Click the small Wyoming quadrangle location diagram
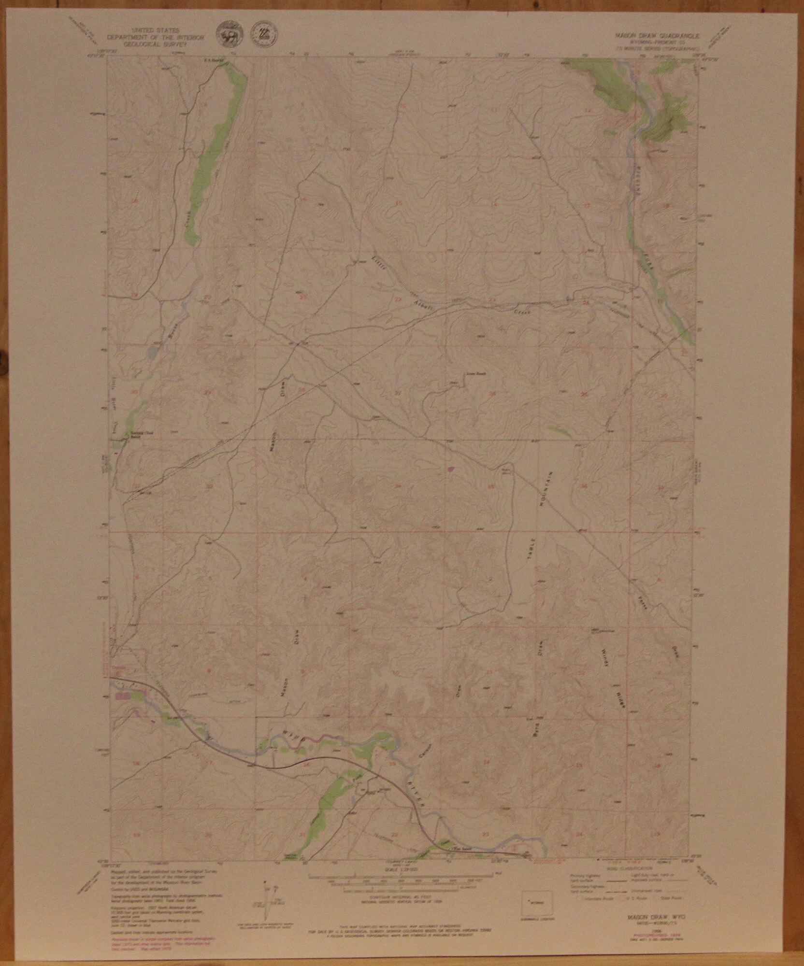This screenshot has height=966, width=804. coord(533,902)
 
